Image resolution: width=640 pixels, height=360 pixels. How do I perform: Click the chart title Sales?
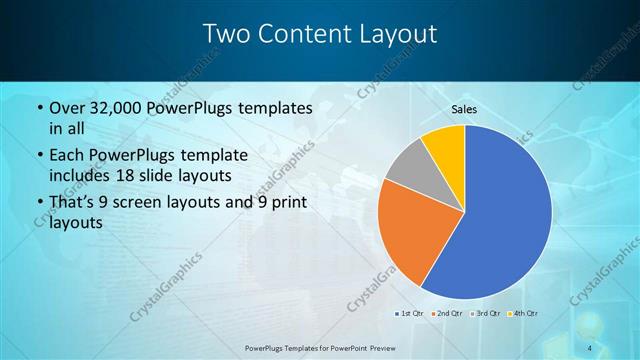click(x=464, y=108)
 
